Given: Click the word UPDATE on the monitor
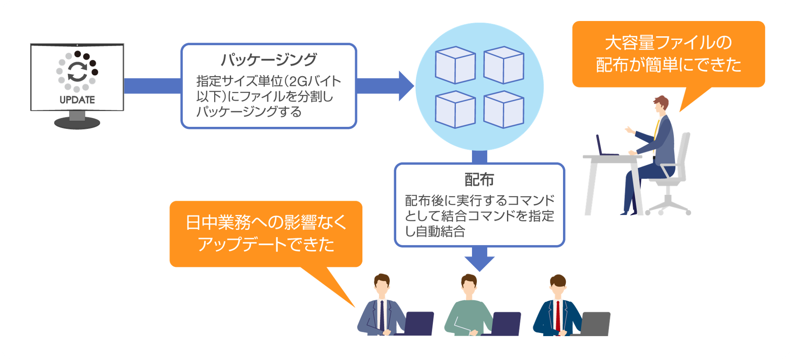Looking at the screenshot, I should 77,100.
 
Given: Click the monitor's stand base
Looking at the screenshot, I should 77,123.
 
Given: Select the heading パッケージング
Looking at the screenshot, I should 269,60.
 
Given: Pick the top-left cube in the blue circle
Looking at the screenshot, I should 455,65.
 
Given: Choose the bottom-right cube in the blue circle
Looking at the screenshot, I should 503,110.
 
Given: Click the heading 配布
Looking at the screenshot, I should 479,180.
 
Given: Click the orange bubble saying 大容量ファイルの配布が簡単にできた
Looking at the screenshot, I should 668,54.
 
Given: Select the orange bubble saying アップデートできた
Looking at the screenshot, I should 266,234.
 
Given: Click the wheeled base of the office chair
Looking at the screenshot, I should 668,206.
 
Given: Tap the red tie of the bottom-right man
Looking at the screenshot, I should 558,316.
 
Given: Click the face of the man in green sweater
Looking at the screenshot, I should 469,285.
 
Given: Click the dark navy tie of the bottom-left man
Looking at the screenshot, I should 382,315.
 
